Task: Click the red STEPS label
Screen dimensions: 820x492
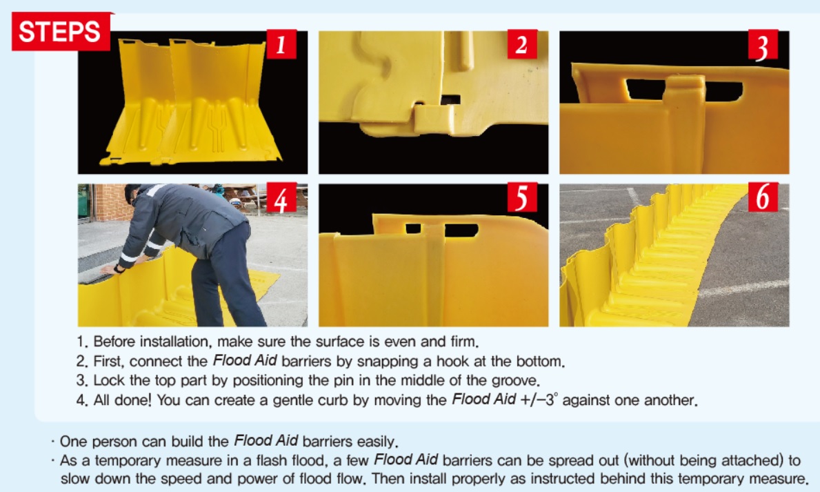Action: pyautogui.click(x=61, y=32)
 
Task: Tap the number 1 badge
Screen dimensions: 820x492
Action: pyautogui.click(x=281, y=44)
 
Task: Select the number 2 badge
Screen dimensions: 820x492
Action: pyautogui.click(x=522, y=44)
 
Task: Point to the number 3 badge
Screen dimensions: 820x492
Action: pyautogui.click(x=763, y=45)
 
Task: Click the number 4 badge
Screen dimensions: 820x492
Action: pyautogui.click(x=281, y=198)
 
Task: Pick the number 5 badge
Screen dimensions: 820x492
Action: pyautogui.click(x=522, y=197)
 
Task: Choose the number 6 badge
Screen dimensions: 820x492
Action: pyautogui.click(x=763, y=197)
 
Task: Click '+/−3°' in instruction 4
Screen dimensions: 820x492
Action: pyautogui.click(x=539, y=400)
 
